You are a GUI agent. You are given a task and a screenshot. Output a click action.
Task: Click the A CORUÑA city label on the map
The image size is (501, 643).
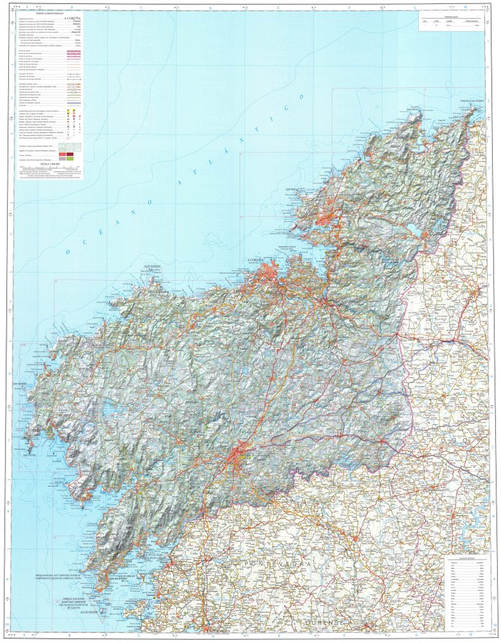[x=254, y=259]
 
